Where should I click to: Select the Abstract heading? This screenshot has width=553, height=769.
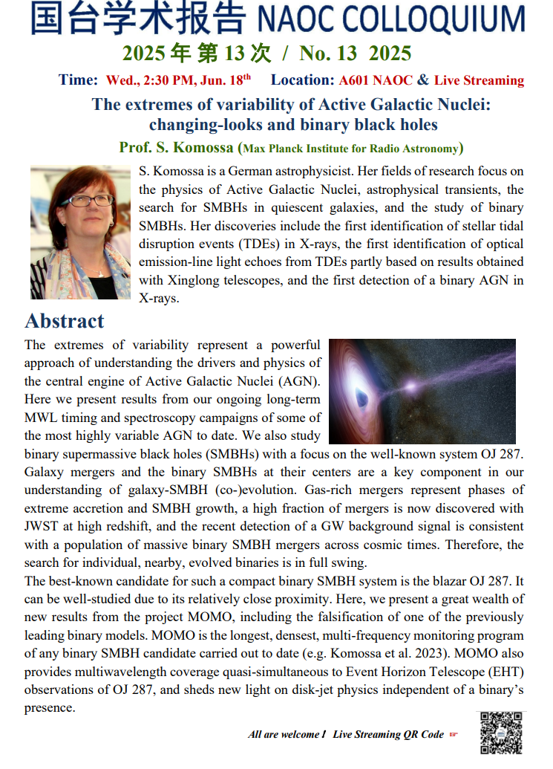[x=65, y=321]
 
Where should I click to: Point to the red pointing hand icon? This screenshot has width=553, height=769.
[x=454, y=735]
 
